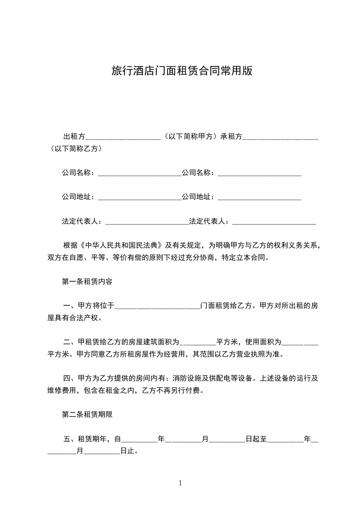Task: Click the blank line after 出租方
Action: tap(123, 136)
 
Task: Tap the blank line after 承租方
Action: tap(281, 136)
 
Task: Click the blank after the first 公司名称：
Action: tap(139, 173)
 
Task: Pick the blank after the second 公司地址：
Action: tap(260, 197)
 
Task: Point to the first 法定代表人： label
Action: tap(83, 221)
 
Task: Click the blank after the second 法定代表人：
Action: tap(274, 222)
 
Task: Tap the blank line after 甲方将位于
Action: tap(157, 306)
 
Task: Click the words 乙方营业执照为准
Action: tap(256, 354)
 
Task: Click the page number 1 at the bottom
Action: tap(180, 483)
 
